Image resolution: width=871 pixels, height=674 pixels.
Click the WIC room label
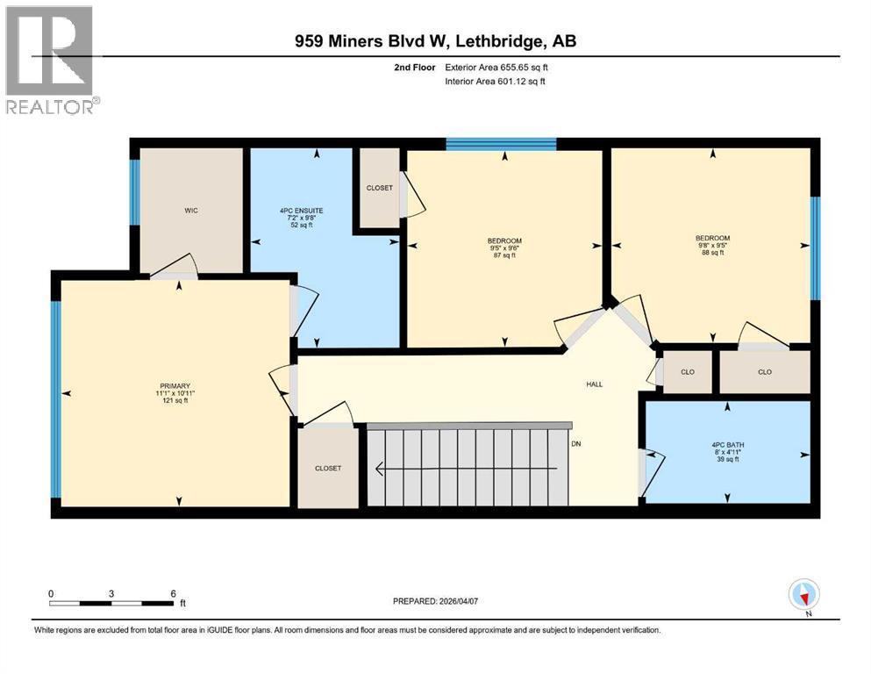(191, 211)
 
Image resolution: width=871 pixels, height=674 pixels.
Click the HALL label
(595, 384)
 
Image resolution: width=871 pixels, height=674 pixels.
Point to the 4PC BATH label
(727, 444)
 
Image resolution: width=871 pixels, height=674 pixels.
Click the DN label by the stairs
(576, 444)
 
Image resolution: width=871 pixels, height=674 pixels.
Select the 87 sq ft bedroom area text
(504, 255)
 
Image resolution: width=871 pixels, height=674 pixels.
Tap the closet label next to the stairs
(327, 469)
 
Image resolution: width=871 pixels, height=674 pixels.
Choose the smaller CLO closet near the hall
(687, 372)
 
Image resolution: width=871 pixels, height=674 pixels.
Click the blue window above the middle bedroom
(501, 144)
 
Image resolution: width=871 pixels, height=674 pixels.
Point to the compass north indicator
(803, 595)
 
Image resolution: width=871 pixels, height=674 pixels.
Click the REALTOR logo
(51, 60)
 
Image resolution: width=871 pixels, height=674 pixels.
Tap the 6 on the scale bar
(173, 593)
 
